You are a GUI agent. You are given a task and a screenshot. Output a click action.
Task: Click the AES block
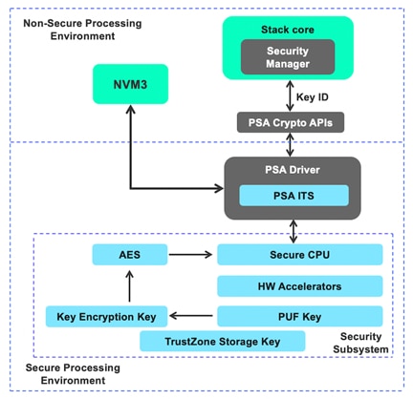[x=129, y=254]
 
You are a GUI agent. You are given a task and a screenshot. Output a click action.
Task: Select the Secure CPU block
[x=299, y=254]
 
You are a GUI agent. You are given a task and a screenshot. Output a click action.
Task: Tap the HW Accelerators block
[x=299, y=285]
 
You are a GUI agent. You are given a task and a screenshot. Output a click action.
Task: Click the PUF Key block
[x=299, y=315]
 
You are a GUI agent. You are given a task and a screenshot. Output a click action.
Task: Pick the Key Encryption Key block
[x=106, y=315]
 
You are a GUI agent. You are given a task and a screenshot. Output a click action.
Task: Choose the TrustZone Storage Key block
[x=222, y=341]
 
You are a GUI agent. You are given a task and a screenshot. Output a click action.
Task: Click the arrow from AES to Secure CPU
[x=191, y=254]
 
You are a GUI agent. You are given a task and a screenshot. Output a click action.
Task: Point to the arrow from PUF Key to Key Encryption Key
[x=192, y=315]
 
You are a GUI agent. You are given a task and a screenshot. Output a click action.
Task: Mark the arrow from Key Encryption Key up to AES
[x=129, y=284]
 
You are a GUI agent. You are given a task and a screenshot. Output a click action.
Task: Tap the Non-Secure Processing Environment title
[x=65, y=28]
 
